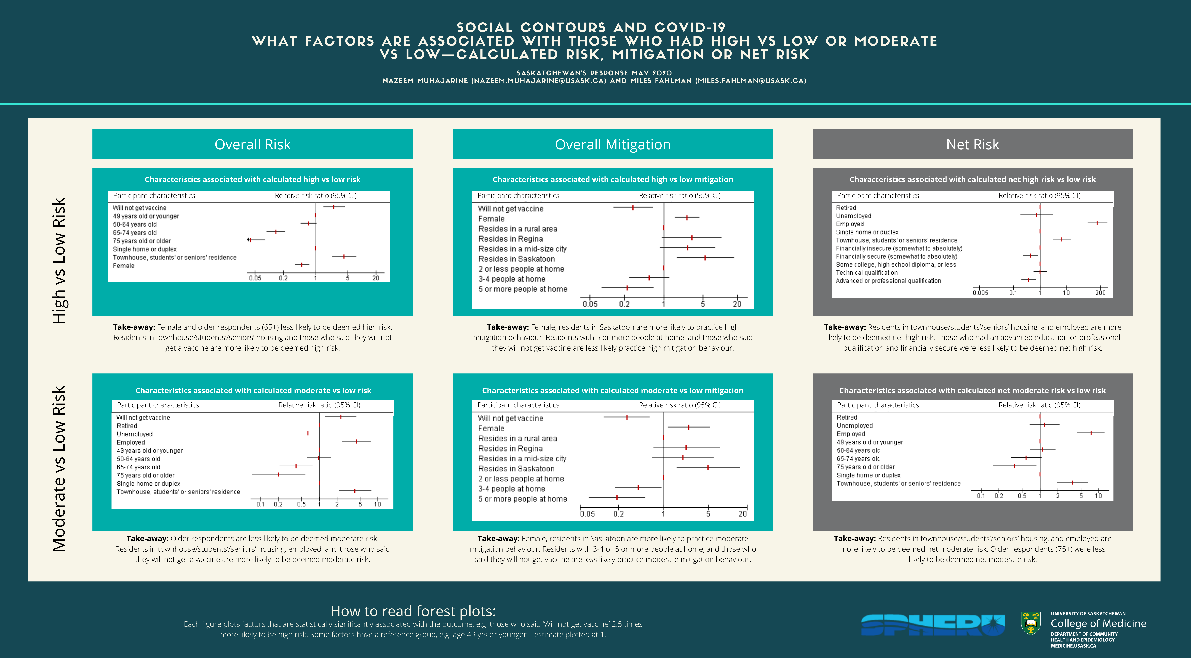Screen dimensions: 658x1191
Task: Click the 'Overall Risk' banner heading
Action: [x=252, y=144]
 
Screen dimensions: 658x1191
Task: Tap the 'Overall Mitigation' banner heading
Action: [x=613, y=144]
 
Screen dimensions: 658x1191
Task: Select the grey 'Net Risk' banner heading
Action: [x=972, y=144]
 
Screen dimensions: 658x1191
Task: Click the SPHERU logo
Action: [x=933, y=625]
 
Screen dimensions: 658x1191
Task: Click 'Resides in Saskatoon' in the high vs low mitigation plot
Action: [x=516, y=259]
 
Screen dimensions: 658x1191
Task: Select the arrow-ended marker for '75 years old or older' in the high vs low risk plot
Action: [x=250, y=240]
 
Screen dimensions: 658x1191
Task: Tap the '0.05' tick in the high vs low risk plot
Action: [x=255, y=278]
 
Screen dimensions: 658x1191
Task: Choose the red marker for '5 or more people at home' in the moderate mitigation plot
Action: [x=617, y=498]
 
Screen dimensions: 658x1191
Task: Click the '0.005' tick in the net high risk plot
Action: [x=980, y=293]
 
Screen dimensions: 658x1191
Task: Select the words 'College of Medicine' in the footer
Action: [x=1098, y=623]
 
